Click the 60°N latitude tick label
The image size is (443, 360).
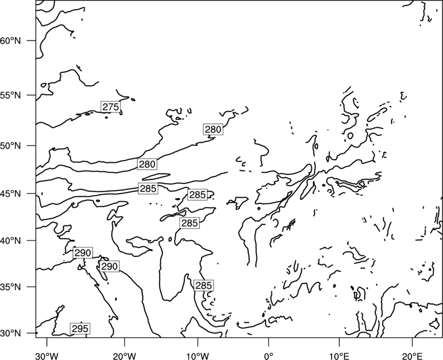(x=11, y=41)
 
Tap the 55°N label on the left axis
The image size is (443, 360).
(x=11, y=95)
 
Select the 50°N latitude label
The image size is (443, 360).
(x=11, y=146)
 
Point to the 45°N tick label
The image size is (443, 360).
(x=11, y=194)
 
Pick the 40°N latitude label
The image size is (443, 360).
(x=11, y=241)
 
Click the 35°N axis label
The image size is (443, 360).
(x=11, y=287)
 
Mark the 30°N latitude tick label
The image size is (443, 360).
(x=11, y=333)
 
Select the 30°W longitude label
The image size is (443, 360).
(x=47, y=354)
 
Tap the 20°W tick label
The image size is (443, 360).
(x=125, y=354)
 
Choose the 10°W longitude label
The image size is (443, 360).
(x=197, y=354)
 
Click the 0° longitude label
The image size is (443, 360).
(x=269, y=354)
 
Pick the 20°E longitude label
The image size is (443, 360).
(x=412, y=354)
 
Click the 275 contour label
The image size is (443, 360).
(x=111, y=107)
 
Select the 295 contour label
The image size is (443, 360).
(x=80, y=328)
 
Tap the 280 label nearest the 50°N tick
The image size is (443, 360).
(x=147, y=164)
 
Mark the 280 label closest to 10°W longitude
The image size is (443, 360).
(x=213, y=130)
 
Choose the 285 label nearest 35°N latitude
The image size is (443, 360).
(x=203, y=285)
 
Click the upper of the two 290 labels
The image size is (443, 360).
(x=83, y=253)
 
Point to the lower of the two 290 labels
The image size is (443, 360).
(x=109, y=266)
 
